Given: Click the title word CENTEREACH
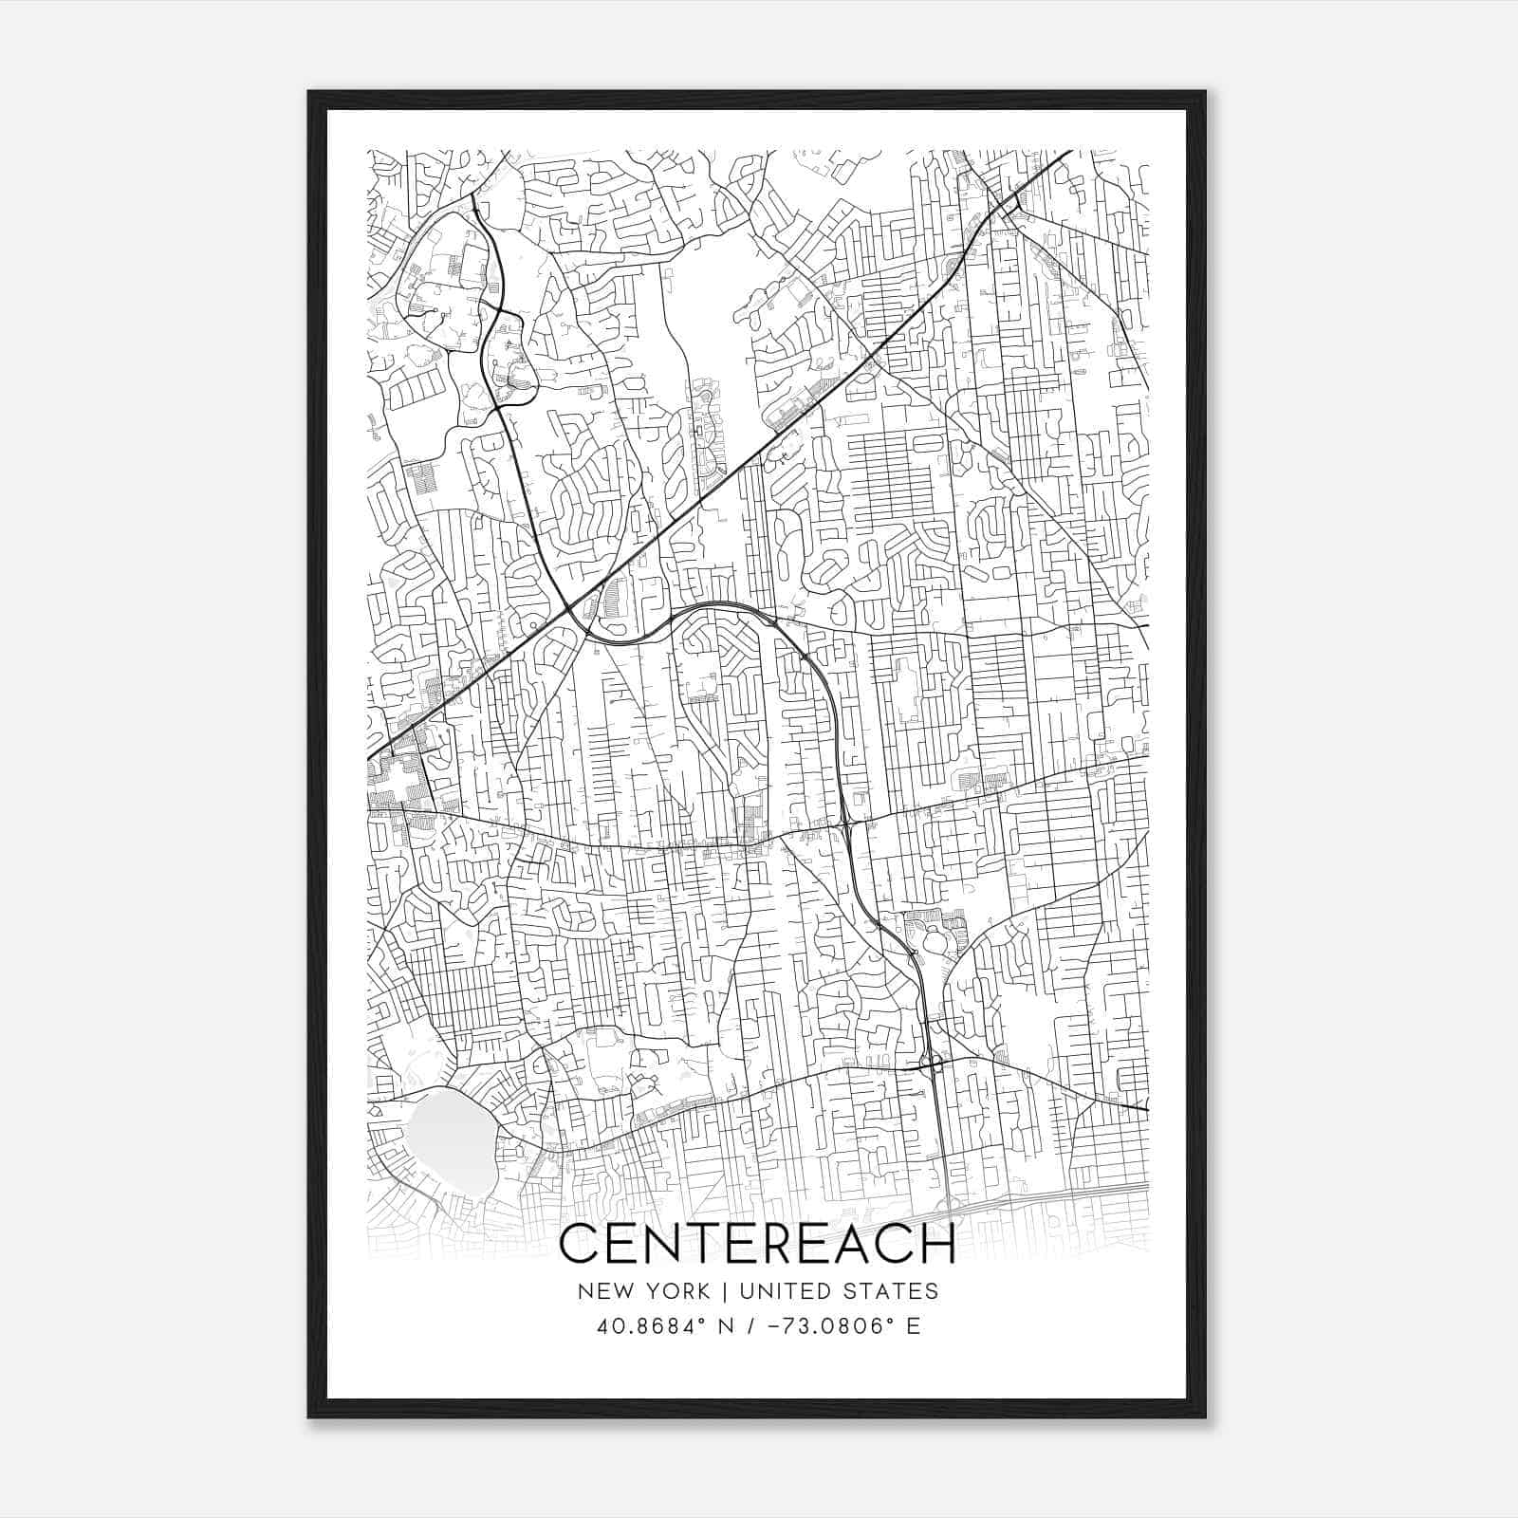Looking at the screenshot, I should (x=758, y=1245).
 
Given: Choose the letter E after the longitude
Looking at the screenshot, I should (x=914, y=1326).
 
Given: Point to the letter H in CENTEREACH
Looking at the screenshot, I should (x=935, y=1245).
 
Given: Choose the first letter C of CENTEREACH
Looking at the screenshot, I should (x=581, y=1245).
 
